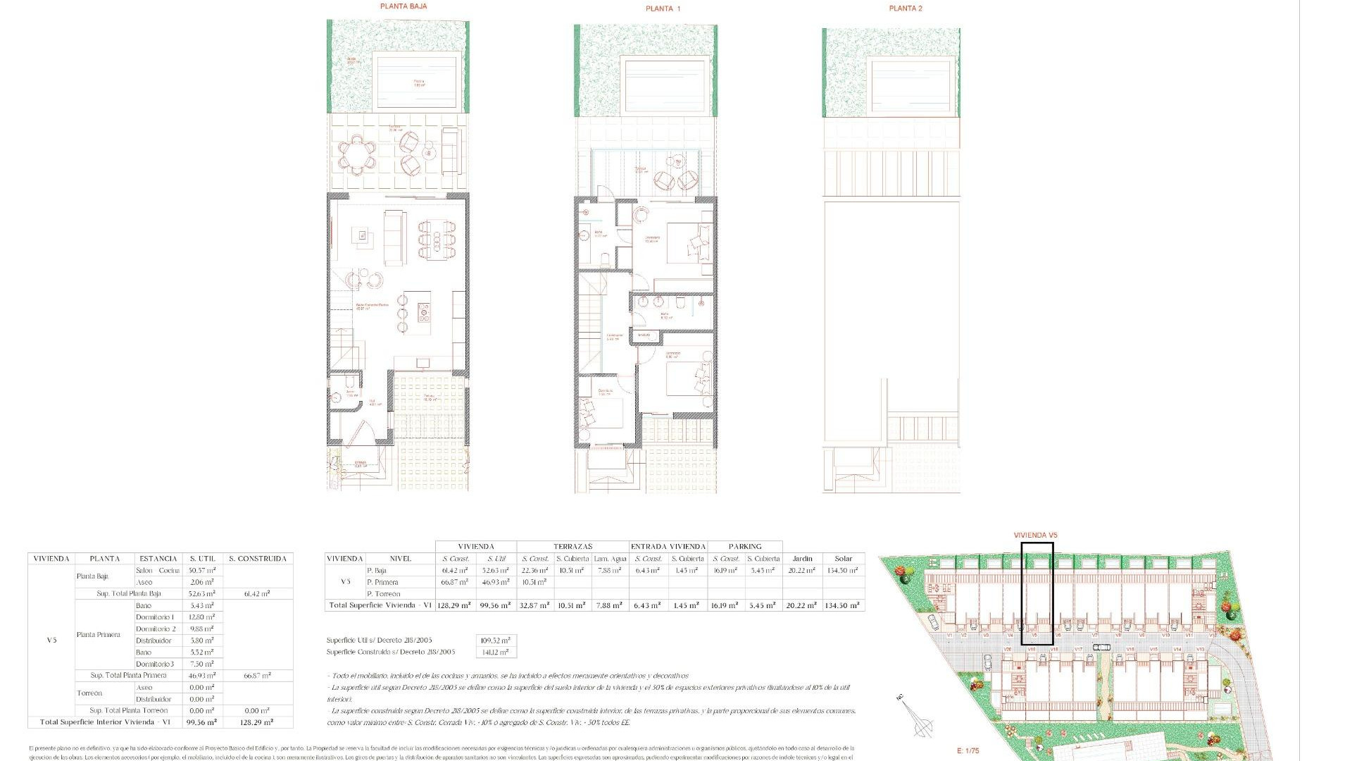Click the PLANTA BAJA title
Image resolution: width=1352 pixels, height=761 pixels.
point(403,6)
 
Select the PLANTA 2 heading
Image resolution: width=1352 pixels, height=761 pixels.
point(905,8)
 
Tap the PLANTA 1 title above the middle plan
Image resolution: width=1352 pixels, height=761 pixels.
point(663,8)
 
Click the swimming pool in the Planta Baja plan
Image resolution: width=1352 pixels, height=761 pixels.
point(418,82)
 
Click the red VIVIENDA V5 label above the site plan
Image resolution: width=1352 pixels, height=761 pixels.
point(1035,536)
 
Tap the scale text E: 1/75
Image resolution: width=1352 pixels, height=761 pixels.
point(968,750)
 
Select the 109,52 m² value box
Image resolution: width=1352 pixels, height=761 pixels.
point(496,641)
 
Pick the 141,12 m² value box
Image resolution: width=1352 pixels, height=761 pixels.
point(496,652)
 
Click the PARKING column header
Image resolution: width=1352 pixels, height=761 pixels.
point(745,546)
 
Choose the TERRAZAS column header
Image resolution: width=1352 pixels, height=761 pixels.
point(572,546)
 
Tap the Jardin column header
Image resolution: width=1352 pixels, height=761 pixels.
point(802,558)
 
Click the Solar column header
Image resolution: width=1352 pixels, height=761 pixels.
point(843,558)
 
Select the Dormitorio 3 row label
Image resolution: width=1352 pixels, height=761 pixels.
point(154,664)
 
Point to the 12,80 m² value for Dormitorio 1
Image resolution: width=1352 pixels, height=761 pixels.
point(201,617)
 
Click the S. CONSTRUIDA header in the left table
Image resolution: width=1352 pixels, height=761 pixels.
point(258,558)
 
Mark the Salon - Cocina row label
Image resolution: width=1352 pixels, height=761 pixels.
point(158,570)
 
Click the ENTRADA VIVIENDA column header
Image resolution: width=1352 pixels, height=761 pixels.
point(668,546)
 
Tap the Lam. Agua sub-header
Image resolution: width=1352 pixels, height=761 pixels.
point(610,558)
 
